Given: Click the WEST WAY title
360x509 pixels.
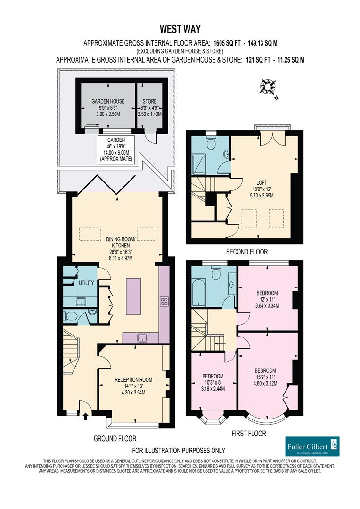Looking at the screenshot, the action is pyautogui.click(x=180, y=29).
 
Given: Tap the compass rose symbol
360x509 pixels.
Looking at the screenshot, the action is pyautogui.click(x=268, y=87).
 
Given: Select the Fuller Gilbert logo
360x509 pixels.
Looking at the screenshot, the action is pyautogui.click(x=312, y=446).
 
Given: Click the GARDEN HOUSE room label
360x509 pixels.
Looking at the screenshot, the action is pyautogui.click(x=108, y=101).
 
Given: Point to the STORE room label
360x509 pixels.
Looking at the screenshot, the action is pyautogui.click(x=149, y=101).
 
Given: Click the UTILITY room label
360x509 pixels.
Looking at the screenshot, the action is pyautogui.click(x=86, y=283).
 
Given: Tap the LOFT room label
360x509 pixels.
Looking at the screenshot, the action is pyautogui.click(x=262, y=183).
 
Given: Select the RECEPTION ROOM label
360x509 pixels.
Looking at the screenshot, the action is pyautogui.click(x=133, y=379).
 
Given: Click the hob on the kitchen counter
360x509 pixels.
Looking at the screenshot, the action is pyautogui.click(x=164, y=301).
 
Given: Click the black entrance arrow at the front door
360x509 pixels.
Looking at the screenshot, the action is pyautogui.click(x=85, y=417).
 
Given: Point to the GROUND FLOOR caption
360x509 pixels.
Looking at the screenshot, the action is pyautogui.click(x=115, y=439).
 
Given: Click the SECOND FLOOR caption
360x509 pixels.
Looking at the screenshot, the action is pyautogui.click(x=247, y=252).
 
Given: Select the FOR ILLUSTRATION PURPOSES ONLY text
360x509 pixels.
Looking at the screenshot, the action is pyautogui.click(x=179, y=451).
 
